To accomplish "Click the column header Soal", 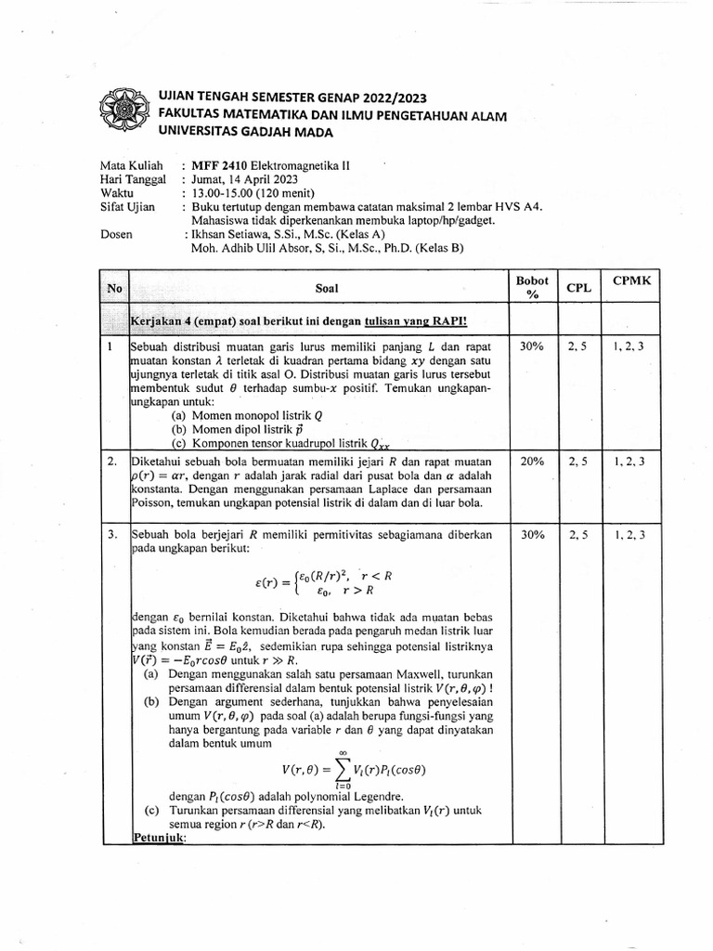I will pyautogui.click(x=326, y=288).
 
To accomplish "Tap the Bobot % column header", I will pyautogui.click(x=533, y=287).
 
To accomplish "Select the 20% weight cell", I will pyautogui.click(x=532, y=461).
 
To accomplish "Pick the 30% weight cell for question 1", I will pyautogui.click(x=532, y=346).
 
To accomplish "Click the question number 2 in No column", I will pyautogui.click(x=110, y=461).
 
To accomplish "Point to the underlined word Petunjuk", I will pyautogui.click(x=160, y=837).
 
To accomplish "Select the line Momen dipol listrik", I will pyautogui.click(x=243, y=429).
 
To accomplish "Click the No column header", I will pyautogui.click(x=114, y=288).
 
